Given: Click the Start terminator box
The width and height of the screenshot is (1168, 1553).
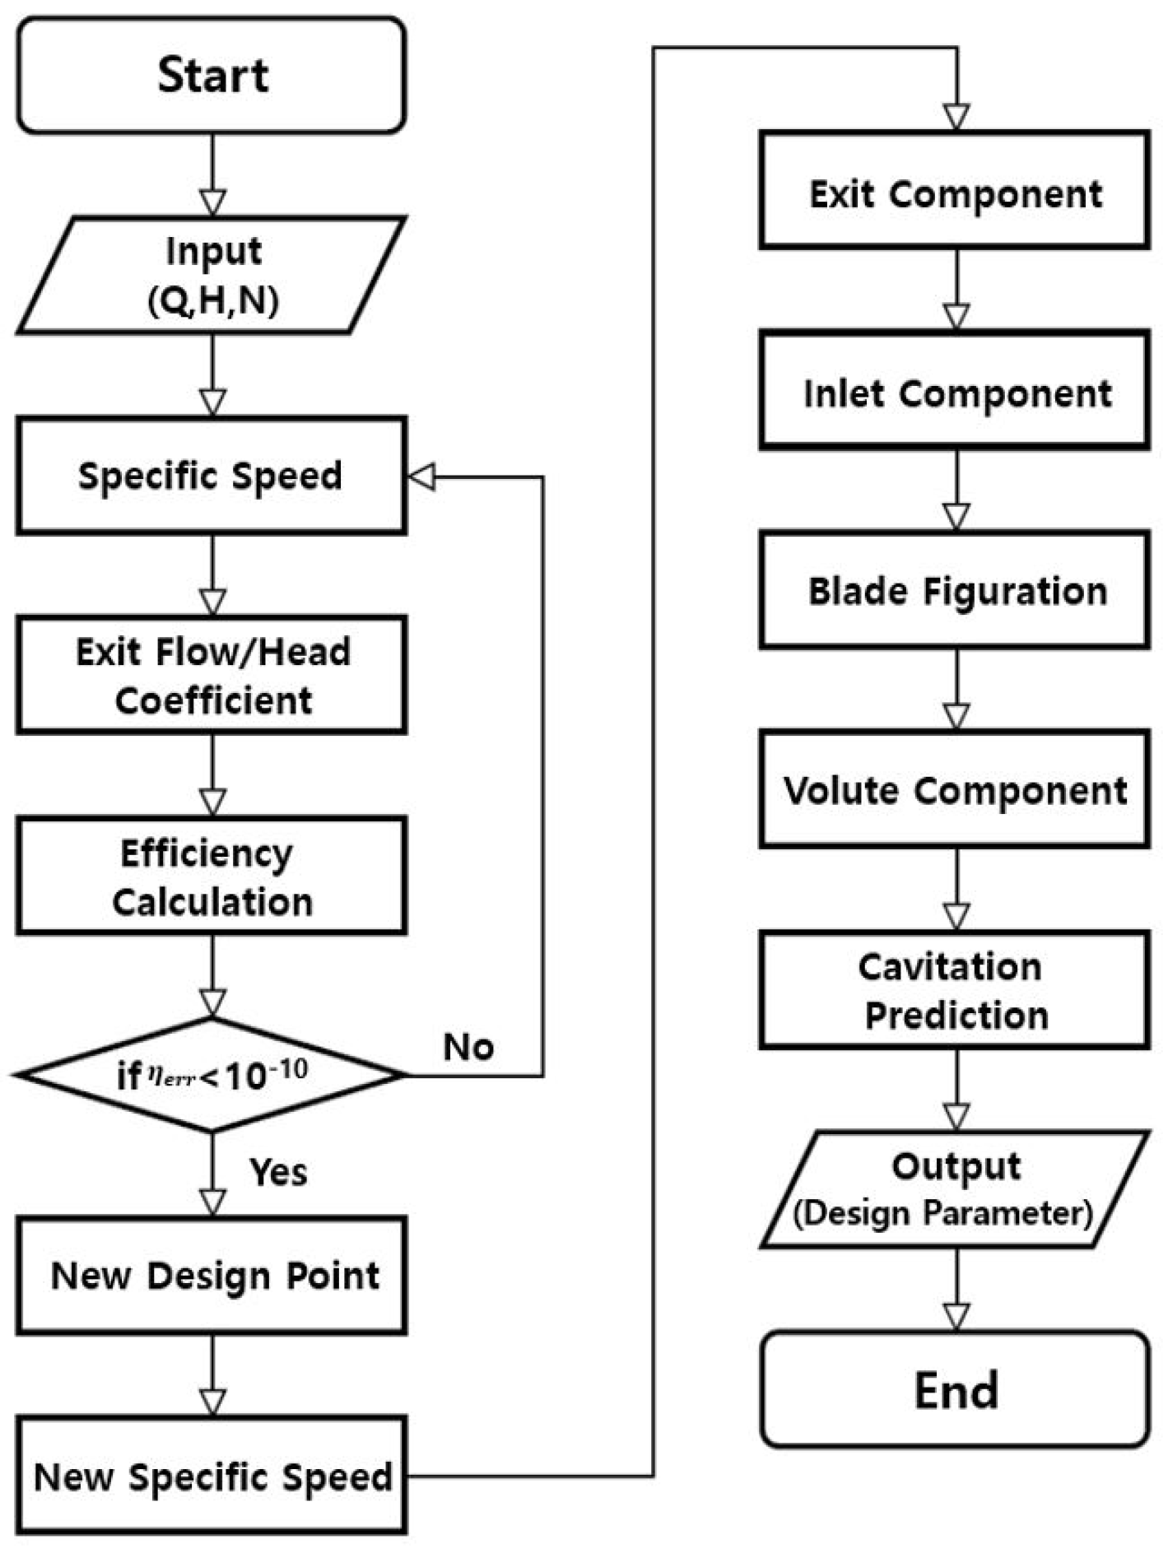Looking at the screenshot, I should pyautogui.click(x=212, y=75).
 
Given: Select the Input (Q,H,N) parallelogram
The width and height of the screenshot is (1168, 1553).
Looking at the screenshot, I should pyautogui.click(x=212, y=276).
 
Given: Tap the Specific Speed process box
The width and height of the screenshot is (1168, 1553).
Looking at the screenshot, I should pyautogui.click(x=212, y=476).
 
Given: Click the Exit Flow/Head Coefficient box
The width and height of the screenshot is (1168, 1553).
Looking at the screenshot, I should pyautogui.click(x=212, y=675).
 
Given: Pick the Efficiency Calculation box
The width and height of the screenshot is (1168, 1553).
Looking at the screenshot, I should pyautogui.click(x=212, y=876).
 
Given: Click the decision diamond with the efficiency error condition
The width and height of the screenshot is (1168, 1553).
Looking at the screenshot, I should pyautogui.click(x=212, y=1075).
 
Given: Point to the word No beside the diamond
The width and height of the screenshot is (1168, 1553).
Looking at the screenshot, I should pyautogui.click(x=468, y=1048).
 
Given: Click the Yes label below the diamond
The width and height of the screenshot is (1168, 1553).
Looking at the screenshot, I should pyautogui.click(x=278, y=1172).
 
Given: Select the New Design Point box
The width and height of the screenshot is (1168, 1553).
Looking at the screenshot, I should pyautogui.click(x=212, y=1276).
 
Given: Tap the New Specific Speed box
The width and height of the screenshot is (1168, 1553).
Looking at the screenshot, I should pyautogui.click(x=212, y=1476).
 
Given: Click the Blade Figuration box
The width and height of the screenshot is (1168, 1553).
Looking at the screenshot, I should pyautogui.click(x=955, y=590).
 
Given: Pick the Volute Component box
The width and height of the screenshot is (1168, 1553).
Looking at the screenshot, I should pyautogui.click(x=955, y=789).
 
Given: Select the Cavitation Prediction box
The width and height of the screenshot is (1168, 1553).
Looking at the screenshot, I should pyautogui.click(x=955, y=990).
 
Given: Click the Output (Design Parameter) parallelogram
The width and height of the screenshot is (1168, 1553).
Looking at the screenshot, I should pyautogui.click(x=955, y=1189).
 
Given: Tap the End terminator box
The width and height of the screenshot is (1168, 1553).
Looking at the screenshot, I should pyautogui.click(x=955, y=1390).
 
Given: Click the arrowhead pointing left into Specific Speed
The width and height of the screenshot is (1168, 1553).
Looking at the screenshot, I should pyautogui.click(x=422, y=477).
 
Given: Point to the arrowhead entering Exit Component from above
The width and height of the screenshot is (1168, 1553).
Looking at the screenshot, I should pyautogui.click(x=956, y=117).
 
